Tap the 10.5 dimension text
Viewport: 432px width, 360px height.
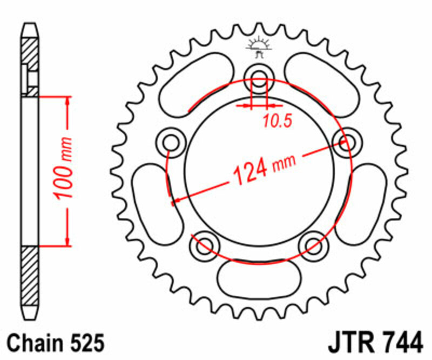[x=277, y=121]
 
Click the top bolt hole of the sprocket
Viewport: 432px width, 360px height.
[x=259, y=75]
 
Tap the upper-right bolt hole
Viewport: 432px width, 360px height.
[x=346, y=142]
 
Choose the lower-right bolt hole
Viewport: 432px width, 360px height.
[x=314, y=244]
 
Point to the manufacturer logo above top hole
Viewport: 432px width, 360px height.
[x=259, y=47]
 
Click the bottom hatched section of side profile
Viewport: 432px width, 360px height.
[x=31, y=276]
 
